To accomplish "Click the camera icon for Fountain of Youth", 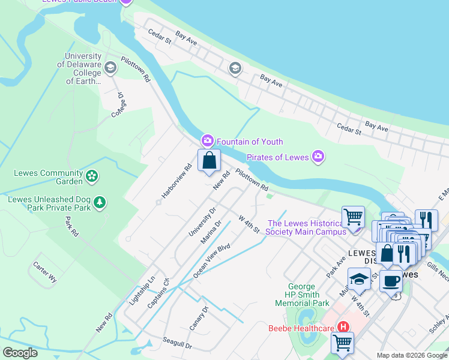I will click(207, 141).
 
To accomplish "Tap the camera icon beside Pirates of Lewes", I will click(318, 157).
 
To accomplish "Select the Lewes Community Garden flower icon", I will click(92, 176).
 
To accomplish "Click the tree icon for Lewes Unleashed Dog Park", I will click(100, 203).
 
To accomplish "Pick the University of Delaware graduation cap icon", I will click(110, 67).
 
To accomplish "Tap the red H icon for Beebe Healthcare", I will click(343, 328).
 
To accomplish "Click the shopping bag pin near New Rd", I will click(209, 161).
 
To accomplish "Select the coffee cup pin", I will click(391, 280).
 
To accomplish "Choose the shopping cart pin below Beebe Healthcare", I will click(342, 343).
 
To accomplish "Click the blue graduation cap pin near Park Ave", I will click(359, 278).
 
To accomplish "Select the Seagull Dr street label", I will click(177, 343).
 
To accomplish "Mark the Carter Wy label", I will click(45, 272).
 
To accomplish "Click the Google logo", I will click(20, 353).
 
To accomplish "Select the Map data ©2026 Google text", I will click(411, 355).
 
